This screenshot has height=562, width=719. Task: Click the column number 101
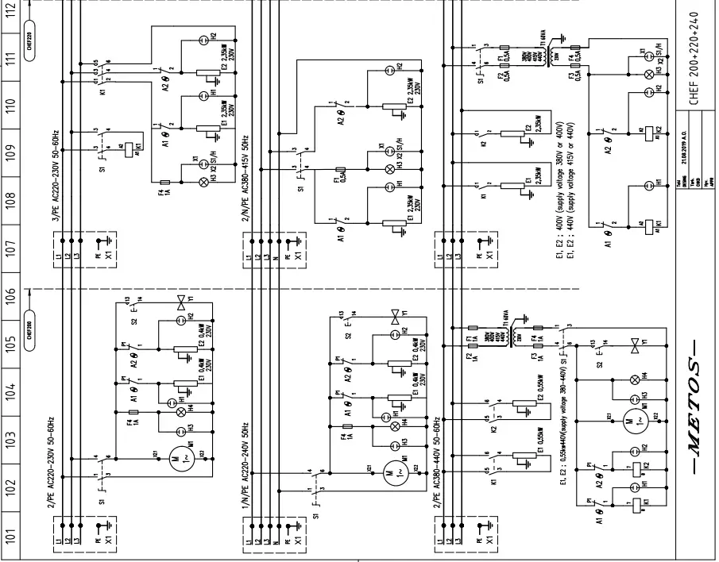point(10,538)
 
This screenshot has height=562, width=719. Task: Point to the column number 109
point(10,152)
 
